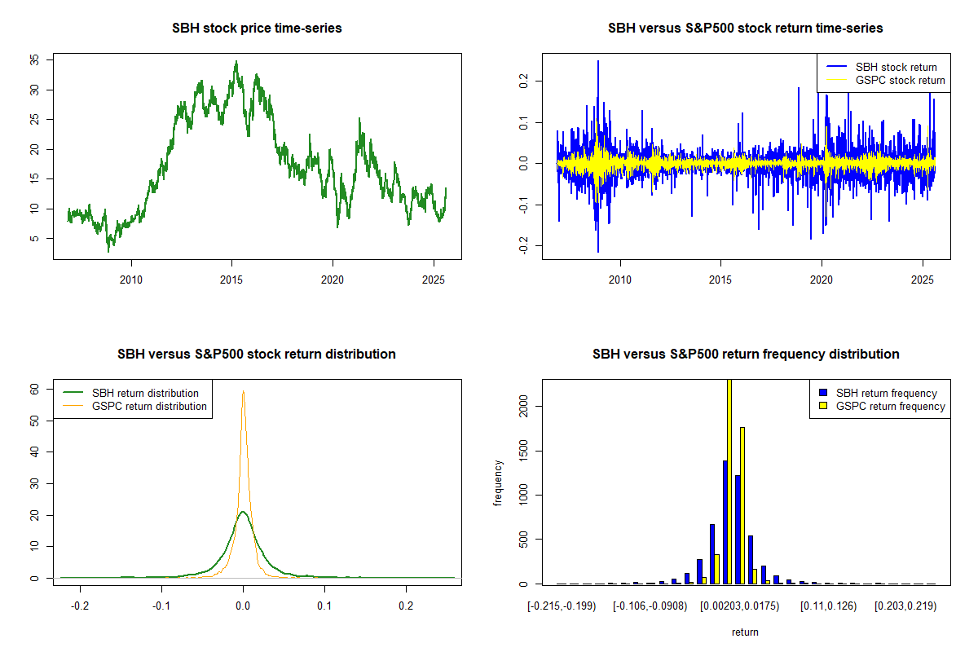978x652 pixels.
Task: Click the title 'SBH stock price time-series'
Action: [257, 28]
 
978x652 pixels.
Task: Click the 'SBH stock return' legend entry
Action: [896, 67]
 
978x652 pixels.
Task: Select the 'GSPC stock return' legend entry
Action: [900, 80]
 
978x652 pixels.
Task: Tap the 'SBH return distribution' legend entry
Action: [145, 393]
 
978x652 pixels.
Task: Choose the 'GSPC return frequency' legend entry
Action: [891, 406]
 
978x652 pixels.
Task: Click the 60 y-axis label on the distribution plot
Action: [33, 389]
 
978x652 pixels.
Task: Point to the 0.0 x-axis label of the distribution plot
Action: [243, 607]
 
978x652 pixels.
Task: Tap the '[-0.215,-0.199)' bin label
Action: [562, 607]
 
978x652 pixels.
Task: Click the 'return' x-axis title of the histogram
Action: [745, 632]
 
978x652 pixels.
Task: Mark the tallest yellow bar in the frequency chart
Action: [729, 481]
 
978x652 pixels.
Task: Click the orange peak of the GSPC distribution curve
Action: [243, 392]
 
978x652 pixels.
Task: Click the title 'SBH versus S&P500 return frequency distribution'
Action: [745, 354]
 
